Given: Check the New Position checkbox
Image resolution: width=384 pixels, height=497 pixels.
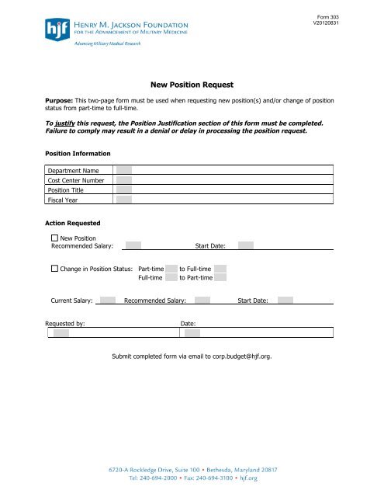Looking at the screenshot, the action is pos(54,237).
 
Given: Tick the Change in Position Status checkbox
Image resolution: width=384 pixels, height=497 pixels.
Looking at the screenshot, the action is pos(54,268).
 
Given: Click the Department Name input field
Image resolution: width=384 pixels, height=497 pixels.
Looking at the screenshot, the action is pos(124,170).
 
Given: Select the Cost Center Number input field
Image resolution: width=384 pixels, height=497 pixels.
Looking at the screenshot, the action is pos(124,179).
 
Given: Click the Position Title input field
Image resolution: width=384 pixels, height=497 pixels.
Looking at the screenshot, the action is pos(124,189).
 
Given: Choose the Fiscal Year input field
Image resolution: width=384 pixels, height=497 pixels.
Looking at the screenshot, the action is pos(124,199).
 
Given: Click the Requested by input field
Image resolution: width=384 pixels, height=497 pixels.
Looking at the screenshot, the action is pos(61,333).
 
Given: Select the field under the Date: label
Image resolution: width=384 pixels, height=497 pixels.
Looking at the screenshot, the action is pos(192,333).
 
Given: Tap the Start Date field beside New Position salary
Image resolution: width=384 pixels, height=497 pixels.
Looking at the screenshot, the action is pos(246,246).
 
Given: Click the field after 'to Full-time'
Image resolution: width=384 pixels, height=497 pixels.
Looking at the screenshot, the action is pos(220,268).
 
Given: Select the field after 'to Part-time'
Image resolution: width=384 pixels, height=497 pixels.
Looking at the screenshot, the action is pos(220,277).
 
